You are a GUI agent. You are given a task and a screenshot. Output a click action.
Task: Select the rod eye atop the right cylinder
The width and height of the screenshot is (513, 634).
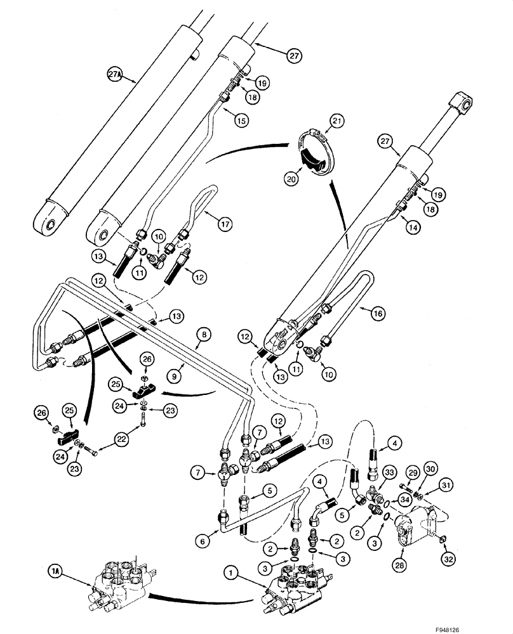461,103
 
